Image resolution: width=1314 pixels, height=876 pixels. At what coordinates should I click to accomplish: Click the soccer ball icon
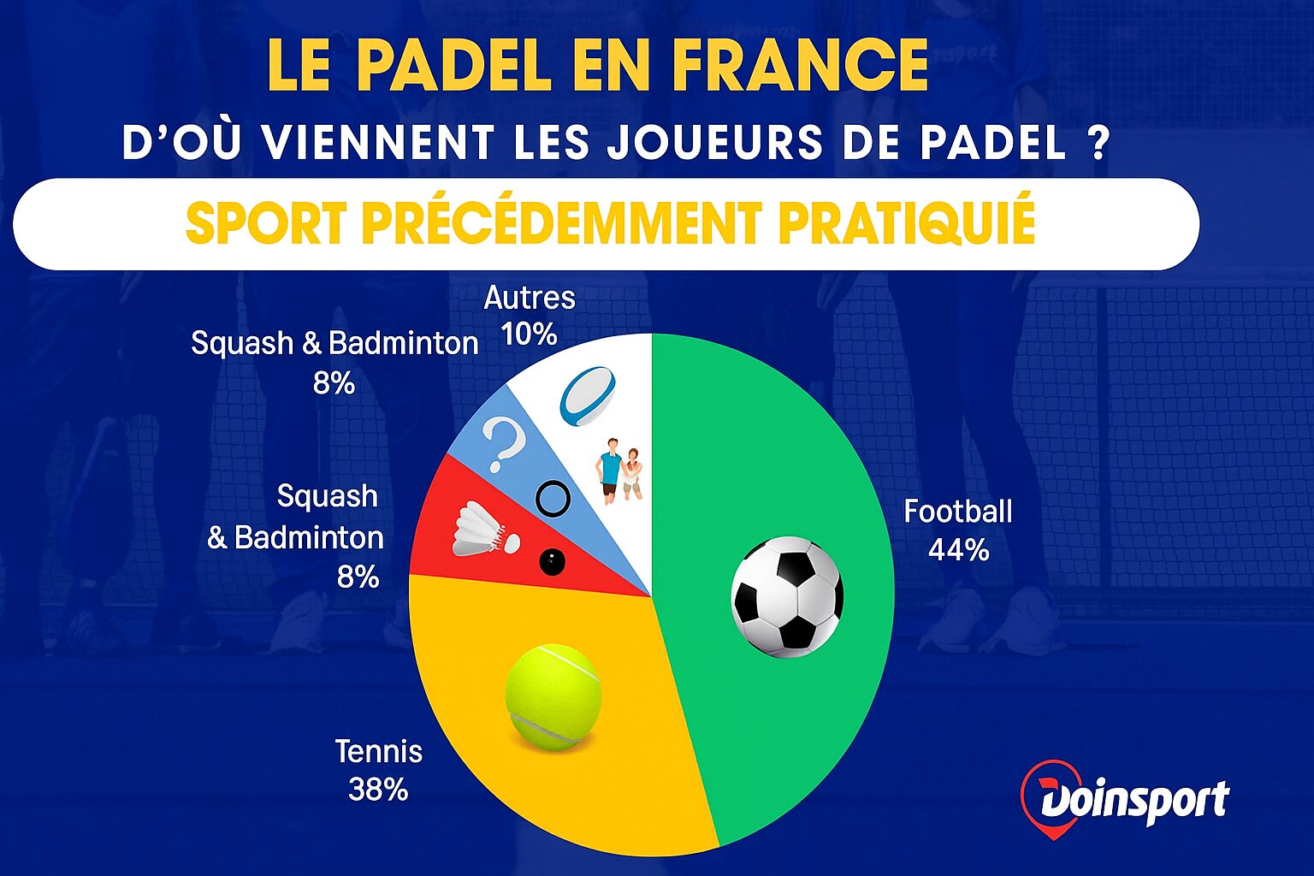coord(787,596)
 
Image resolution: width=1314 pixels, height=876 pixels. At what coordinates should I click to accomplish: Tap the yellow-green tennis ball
coord(553,696)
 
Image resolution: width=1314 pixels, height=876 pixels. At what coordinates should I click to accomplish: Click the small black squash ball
coord(552,562)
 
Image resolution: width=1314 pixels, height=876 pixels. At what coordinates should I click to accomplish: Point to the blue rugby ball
coord(588,396)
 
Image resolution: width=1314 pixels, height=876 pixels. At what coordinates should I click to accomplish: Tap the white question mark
coord(503,444)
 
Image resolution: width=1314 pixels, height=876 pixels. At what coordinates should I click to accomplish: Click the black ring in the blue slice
coord(552,497)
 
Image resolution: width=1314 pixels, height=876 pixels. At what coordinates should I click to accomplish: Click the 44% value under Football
coord(958,550)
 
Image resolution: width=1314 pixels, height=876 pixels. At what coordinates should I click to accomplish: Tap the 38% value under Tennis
coord(378,789)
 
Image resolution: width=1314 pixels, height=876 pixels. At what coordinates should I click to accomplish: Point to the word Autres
coord(530,298)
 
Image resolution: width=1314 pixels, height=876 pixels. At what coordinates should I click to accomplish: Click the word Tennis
coord(378,751)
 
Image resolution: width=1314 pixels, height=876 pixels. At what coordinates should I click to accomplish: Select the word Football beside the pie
coord(958,512)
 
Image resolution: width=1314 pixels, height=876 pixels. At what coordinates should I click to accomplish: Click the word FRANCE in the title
coord(800,65)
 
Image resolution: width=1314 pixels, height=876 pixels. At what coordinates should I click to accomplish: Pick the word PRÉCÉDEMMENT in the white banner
coord(560,224)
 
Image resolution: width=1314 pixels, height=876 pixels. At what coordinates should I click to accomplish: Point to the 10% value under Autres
coord(530,334)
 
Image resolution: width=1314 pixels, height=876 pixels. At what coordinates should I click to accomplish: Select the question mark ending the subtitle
coord(1100,143)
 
